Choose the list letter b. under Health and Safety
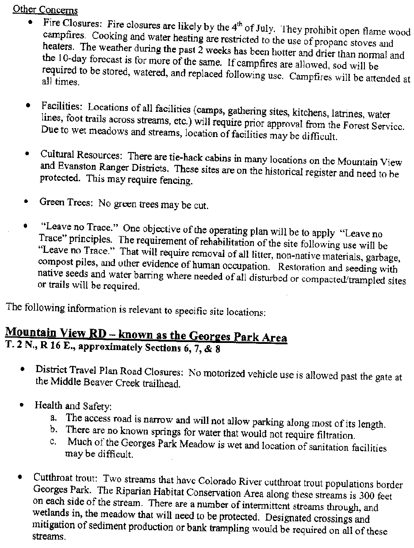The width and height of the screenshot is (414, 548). tap(54, 429)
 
